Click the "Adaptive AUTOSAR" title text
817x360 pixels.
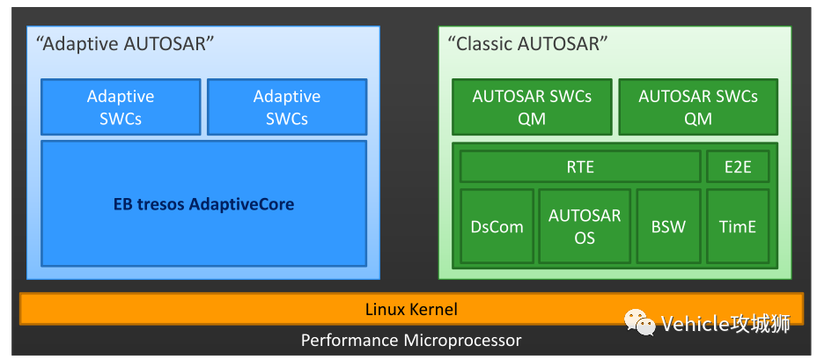pos(126,44)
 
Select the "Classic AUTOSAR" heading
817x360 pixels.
pos(527,44)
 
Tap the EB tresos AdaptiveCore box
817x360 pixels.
pos(203,204)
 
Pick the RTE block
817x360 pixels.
pos(580,166)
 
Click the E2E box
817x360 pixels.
pos(738,166)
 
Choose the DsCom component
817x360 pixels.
pos(497,226)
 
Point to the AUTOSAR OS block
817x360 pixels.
pos(585,226)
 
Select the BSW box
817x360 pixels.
pos(668,226)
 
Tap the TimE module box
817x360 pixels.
pos(738,226)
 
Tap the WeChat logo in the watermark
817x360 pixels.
pos(641,323)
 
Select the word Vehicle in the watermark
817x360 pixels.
pos(696,324)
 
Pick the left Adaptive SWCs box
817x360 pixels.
pos(121,107)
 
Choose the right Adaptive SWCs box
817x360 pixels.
pos(287,107)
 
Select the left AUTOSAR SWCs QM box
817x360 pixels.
pos(532,107)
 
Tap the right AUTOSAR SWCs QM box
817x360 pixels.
pos(698,107)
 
